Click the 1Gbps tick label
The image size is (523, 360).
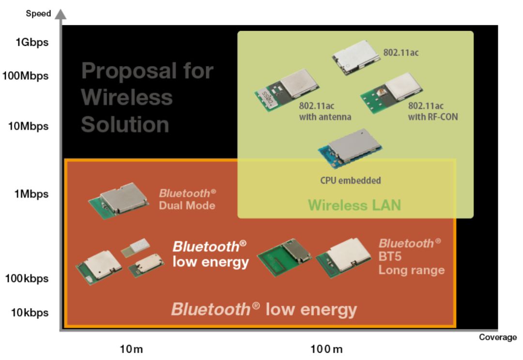click(x=31, y=43)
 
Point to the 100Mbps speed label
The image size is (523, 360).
click(x=25, y=76)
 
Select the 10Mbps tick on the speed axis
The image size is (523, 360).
click(x=29, y=126)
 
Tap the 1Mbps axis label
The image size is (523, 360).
click(x=31, y=194)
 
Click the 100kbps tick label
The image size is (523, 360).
click(x=27, y=278)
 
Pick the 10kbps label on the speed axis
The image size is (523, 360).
click(x=30, y=313)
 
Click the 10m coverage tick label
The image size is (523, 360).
click(x=131, y=349)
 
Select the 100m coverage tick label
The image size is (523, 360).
click(x=326, y=349)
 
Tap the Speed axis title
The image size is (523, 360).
click(x=38, y=14)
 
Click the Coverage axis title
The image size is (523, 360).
click(x=498, y=337)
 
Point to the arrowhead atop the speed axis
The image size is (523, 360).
click(x=61, y=14)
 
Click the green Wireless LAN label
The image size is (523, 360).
click(x=354, y=205)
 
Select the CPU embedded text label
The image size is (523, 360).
click(x=350, y=180)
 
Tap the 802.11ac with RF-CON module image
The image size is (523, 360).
click(x=391, y=93)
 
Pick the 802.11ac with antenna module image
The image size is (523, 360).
click(x=287, y=90)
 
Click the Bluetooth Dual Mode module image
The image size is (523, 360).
click(x=119, y=200)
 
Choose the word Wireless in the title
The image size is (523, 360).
click(x=127, y=97)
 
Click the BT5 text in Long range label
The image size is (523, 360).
click(x=390, y=256)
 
